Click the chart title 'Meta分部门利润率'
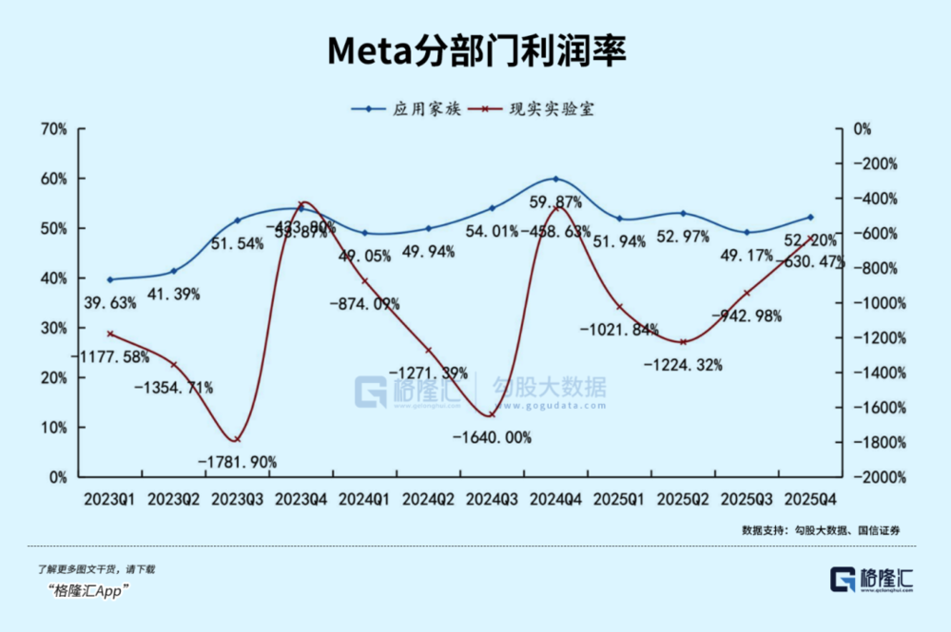(x=475, y=51)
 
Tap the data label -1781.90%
(x=238, y=462)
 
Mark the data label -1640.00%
(x=492, y=438)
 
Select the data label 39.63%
(x=109, y=303)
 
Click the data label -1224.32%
(x=683, y=364)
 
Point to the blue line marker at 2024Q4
(x=556, y=179)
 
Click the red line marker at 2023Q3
(x=237, y=439)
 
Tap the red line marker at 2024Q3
(x=492, y=414)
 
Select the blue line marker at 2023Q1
(x=110, y=279)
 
